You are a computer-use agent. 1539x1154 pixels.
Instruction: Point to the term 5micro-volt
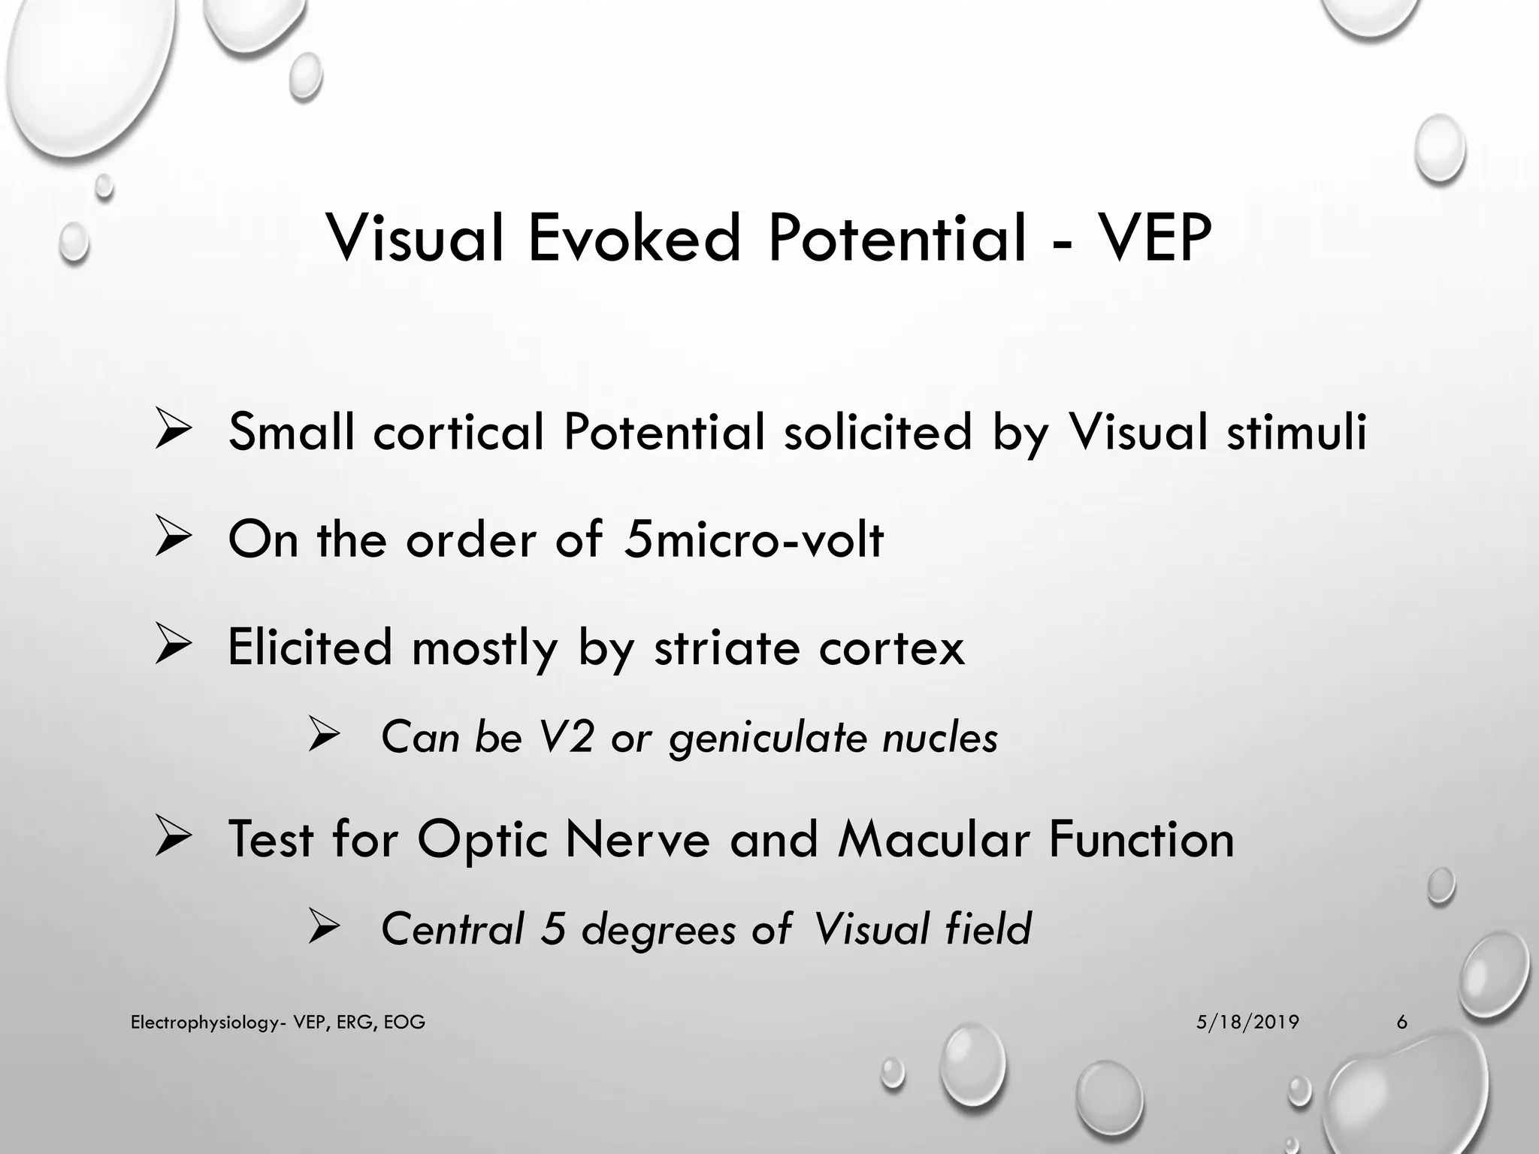(753, 539)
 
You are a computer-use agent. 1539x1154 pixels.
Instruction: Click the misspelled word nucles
(940, 737)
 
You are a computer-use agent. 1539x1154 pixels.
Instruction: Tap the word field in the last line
(988, 929)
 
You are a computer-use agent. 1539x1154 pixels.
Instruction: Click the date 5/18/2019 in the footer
(1247, 1022)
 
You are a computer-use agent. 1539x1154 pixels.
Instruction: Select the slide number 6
(1401, 1022)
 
